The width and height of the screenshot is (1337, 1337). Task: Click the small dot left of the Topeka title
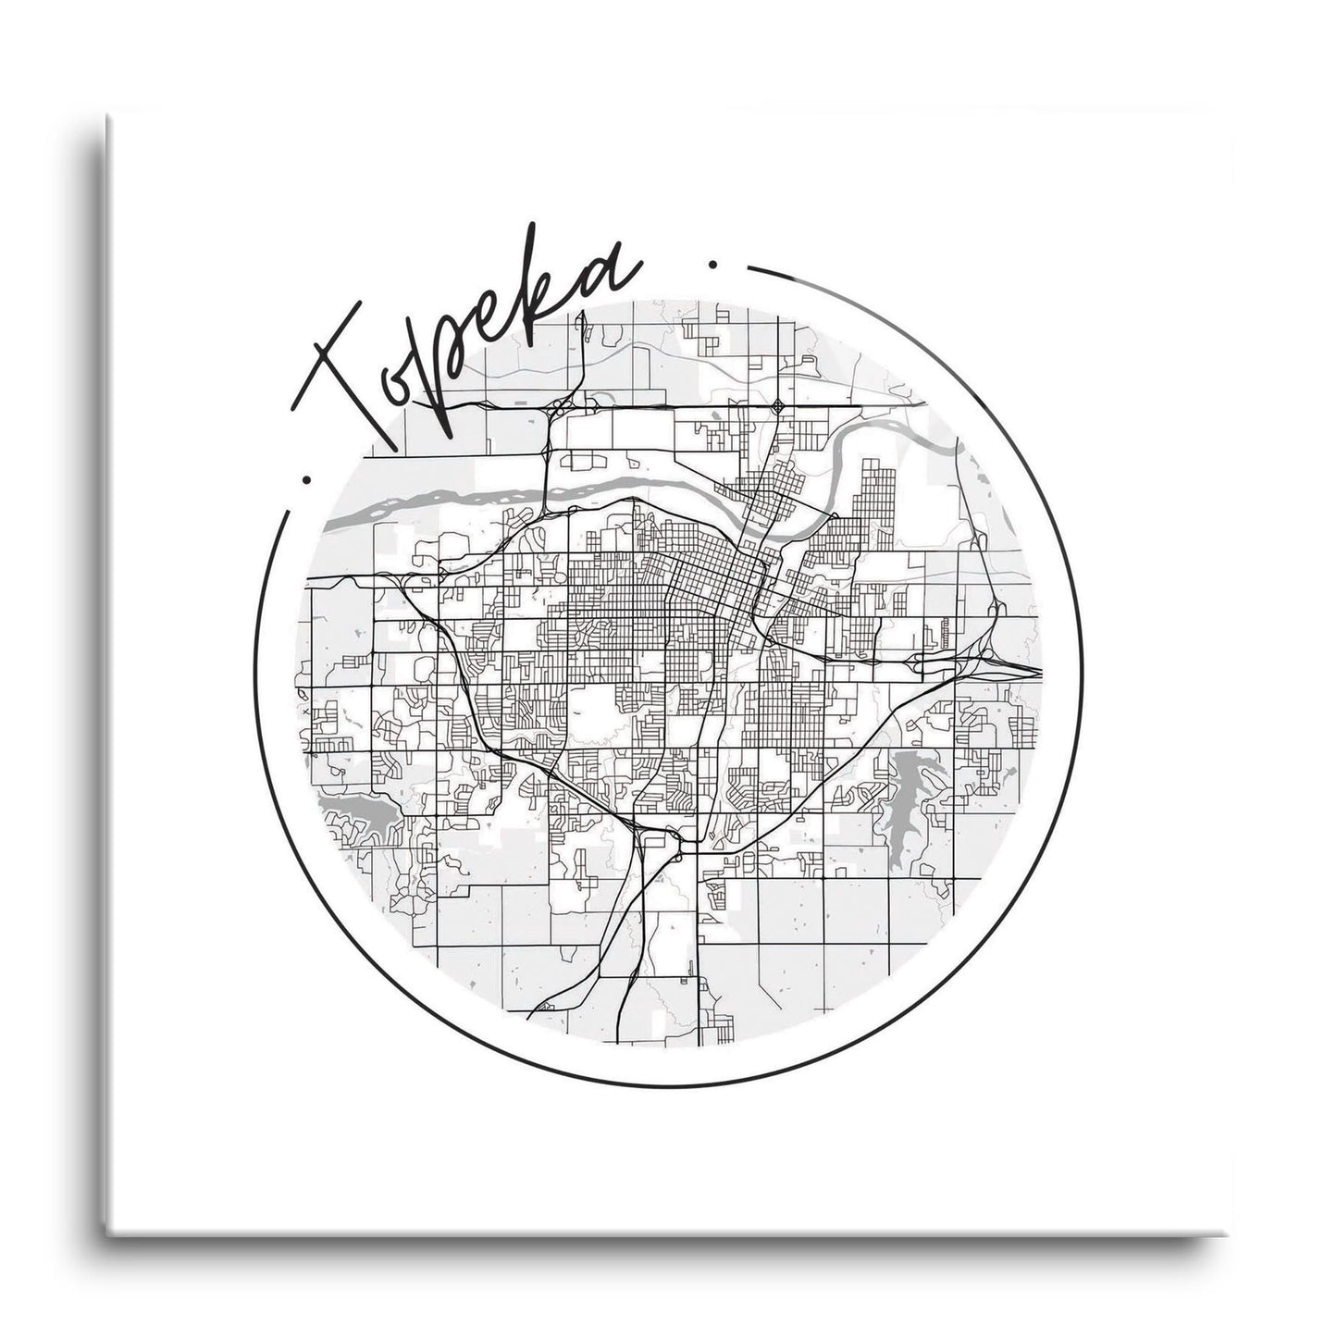pyautogui.click(x=306, y=479)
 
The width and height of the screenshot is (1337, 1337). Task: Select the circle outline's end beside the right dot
pyautogui.click(x=748, y=271)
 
